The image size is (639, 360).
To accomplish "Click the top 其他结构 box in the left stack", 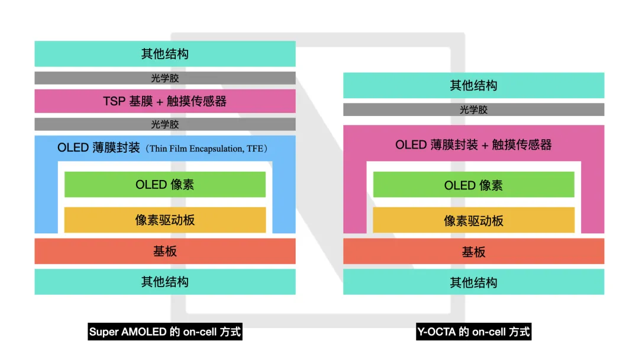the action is point(165,53).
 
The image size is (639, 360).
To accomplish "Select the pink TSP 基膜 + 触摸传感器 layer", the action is point(165,101).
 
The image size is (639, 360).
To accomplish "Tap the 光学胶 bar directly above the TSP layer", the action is point(165,78).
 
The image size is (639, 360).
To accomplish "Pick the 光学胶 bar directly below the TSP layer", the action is point(165,124).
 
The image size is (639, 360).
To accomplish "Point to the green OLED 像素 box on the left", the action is point(165,185).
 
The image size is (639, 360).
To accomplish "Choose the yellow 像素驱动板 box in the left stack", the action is point(165,220).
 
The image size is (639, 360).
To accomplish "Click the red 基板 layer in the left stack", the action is point(165,251).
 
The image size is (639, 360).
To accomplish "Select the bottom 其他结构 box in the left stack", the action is point(165,282).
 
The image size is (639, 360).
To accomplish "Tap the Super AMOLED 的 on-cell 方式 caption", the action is point(165,332).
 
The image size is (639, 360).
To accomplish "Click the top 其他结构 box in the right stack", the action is point(473,85).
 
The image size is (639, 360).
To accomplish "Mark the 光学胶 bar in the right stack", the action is point(473,110).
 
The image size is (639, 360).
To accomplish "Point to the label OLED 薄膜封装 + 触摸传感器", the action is point(473,144).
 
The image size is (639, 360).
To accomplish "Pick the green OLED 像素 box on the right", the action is point(473,185).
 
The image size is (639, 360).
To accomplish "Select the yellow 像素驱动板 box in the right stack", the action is point(473,221).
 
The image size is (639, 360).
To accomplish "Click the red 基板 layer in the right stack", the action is point(473,252).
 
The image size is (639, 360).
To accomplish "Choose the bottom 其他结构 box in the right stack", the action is point(473,282).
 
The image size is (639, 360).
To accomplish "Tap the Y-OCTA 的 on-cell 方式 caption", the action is point(473,332).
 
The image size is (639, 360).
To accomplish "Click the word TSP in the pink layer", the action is point(114,101).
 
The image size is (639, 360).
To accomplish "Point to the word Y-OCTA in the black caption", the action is point(437,332).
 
